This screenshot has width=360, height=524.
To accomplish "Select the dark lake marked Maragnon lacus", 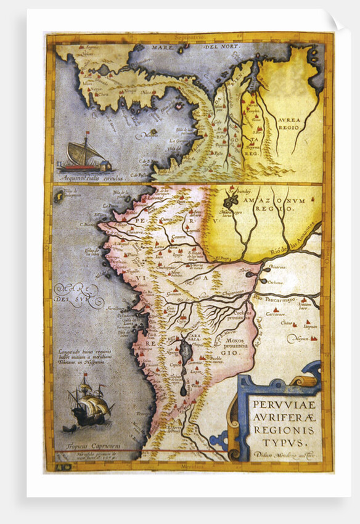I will click(232, 201).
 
